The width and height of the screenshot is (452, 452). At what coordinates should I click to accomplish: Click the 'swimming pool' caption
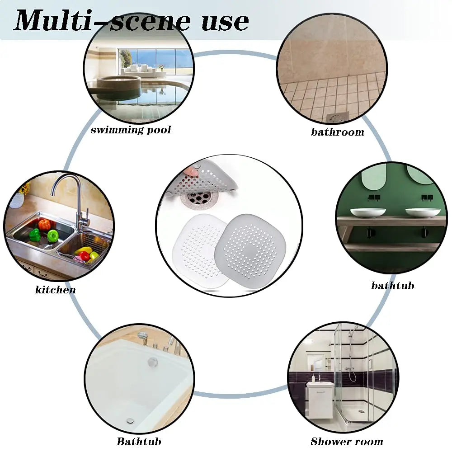coord(131,130)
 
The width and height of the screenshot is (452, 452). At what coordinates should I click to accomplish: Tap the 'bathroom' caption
coord(338,132)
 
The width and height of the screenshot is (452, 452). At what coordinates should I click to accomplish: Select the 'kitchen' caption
coord(55,289)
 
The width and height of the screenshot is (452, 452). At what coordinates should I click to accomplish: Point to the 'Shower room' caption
coord(347,441)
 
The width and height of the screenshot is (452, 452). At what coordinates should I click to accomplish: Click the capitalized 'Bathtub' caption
coord(139,441)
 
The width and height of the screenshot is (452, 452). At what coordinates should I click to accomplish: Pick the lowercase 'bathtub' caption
coord(393,285)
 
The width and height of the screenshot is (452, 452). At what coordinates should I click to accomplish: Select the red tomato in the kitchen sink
coord(44,225)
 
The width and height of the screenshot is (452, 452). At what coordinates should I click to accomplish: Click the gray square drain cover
coord(250,250)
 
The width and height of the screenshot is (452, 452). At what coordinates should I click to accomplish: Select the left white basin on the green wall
coord(368,212)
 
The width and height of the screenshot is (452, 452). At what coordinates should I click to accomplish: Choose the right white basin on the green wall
coord(423,212)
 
